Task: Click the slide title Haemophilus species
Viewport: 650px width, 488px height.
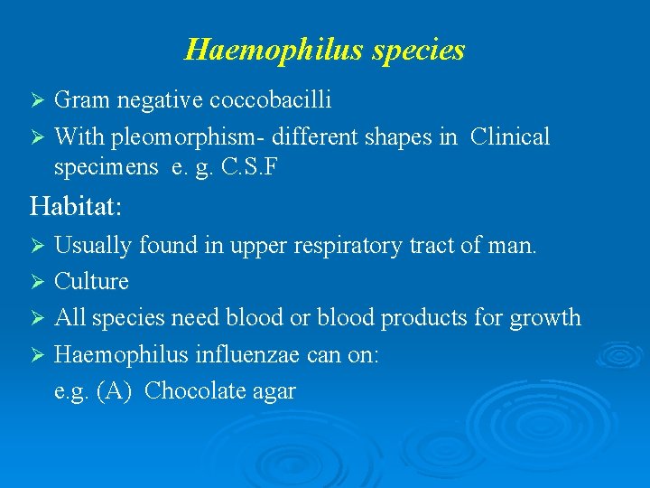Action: tap(324, 49)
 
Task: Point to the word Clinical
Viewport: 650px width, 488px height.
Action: tap(510, 137)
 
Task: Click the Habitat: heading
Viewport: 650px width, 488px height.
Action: tap(76, 206)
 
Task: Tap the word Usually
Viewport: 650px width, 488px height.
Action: tap(91, 245)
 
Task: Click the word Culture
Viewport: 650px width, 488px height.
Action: tap(91, 282)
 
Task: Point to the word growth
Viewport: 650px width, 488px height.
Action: tap(545, 318)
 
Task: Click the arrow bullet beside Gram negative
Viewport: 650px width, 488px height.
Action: tap(38, 100)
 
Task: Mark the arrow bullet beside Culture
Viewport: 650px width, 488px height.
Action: tap(38, 282)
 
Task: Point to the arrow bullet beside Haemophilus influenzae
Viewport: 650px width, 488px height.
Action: tap(38, 354)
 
